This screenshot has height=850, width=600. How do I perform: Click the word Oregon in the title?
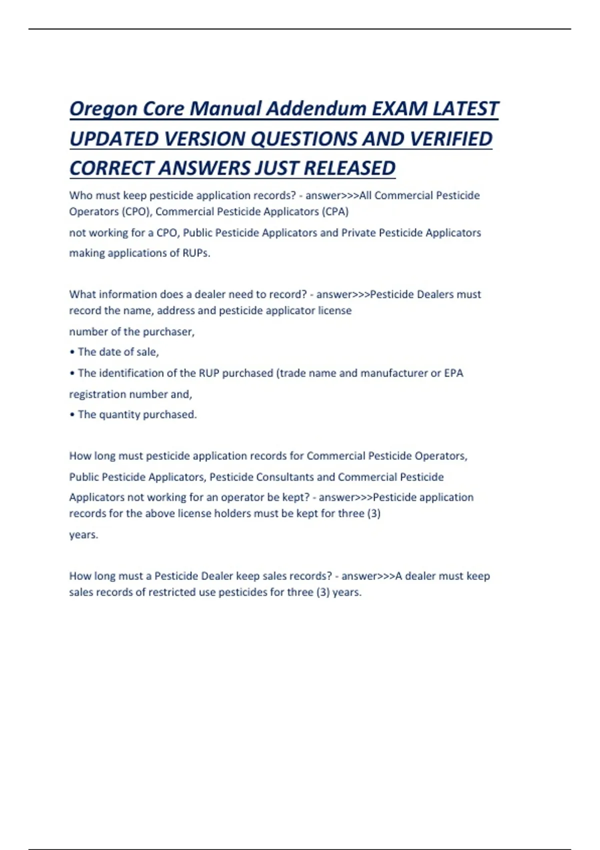pyautogui.click(x=102, y=109)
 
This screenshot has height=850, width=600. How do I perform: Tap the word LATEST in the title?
pyautogui.click(x=465, y=109)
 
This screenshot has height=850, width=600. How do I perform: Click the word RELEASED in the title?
pyautogui.click(x=349, y=168)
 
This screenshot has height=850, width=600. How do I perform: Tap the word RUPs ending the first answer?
pyautogui.click(x=196, y=253)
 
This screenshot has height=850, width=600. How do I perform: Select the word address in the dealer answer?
pyautogui.click(x=175, y=310)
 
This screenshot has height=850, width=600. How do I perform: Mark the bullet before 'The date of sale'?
pyautogui.click(x=72, y=352)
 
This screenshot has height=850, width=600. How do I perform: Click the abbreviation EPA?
pyautogui.click(x=453, y=373)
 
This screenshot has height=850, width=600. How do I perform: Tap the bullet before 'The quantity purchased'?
pyautogui.click(x=72, y=414)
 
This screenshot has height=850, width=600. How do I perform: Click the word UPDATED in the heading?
pyautogui.click(x=113, y=139)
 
